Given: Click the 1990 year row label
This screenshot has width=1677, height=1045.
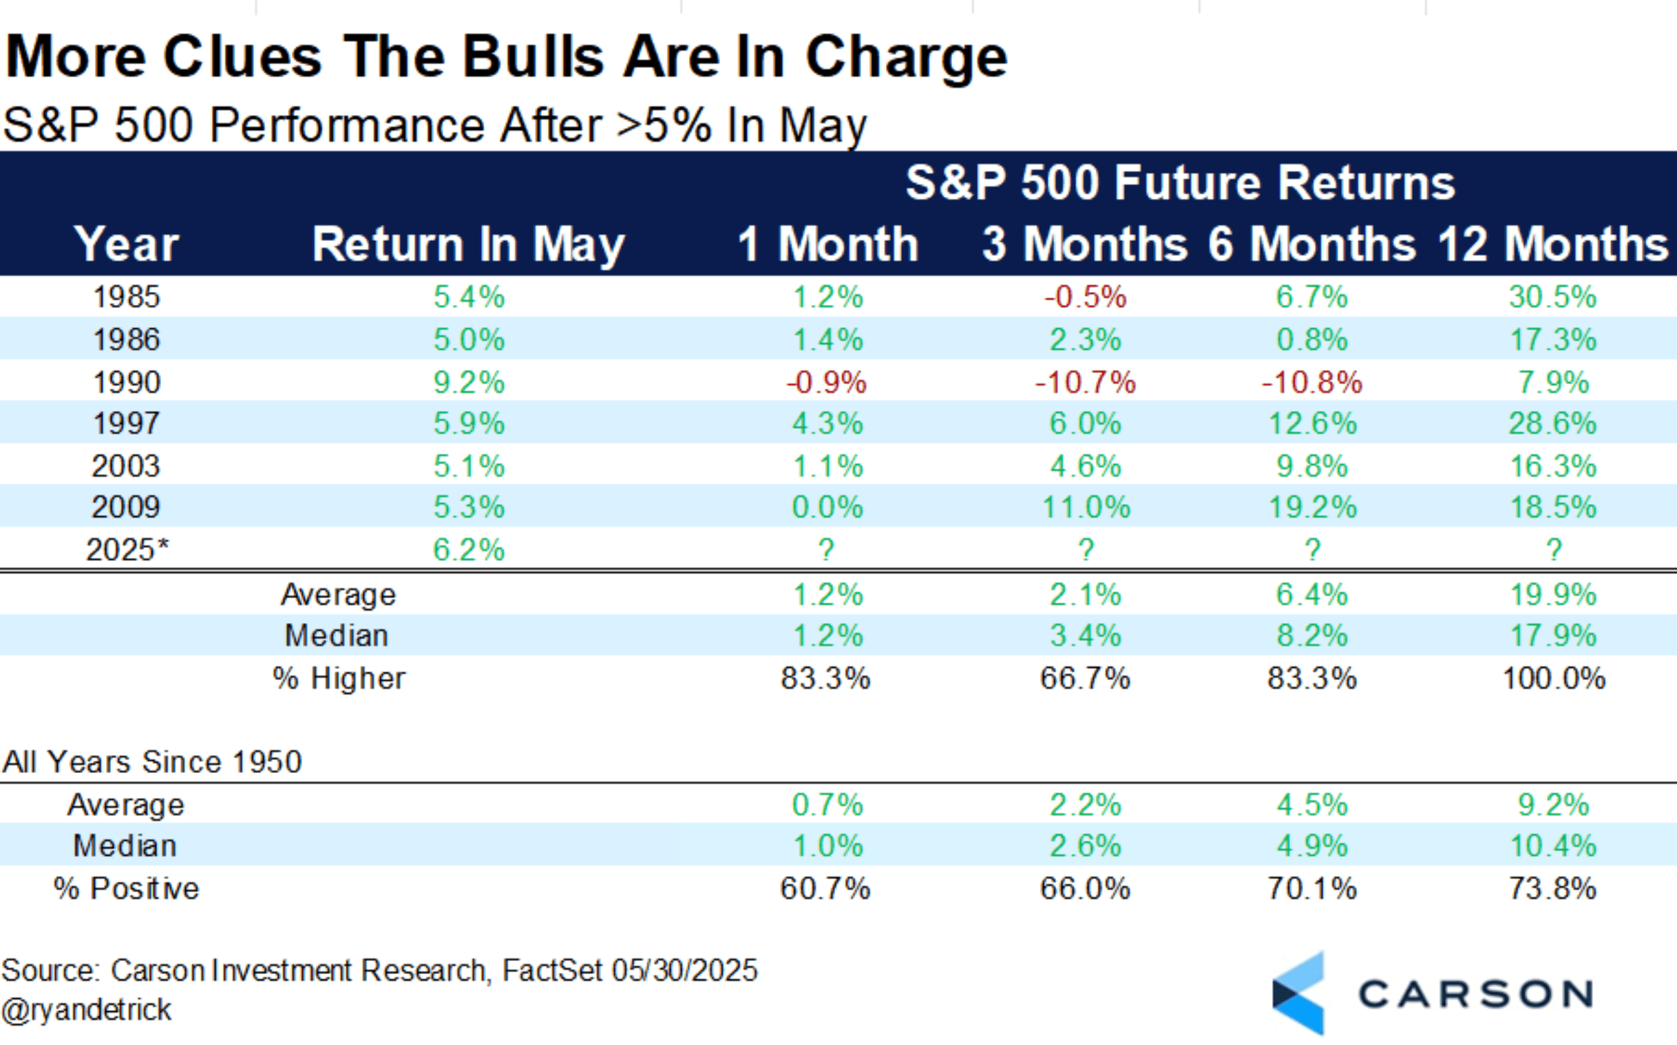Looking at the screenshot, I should click(x=127, y=381).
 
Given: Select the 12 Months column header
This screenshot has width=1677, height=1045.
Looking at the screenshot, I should click(x=1552, y=244).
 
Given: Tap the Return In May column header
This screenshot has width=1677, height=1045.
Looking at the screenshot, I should click(x=469, y=244).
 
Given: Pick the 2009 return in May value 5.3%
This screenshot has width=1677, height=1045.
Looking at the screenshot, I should click(x=470, y=507).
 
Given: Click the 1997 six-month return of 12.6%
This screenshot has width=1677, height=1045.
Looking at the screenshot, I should click(x=1312, y=423).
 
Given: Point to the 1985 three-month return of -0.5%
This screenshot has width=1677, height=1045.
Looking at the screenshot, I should click(x=1085, y=297).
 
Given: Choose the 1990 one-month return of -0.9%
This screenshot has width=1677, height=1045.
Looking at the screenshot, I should click(x=826, y=382).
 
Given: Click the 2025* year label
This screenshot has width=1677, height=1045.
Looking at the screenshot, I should click(x=127, y=550).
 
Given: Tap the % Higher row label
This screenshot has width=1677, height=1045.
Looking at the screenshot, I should click(x=339, y=678).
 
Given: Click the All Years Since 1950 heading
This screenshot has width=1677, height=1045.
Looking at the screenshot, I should click(x=152, y=761).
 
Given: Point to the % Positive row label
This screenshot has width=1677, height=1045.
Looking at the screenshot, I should click(x=127, y=888).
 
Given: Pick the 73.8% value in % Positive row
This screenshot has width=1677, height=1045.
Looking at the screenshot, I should click(x=1552, y=888).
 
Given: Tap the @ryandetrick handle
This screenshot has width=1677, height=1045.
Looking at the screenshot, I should click(x=86, y=1010).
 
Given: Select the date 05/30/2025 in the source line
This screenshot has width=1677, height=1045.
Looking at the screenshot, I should click(x=684, y=971).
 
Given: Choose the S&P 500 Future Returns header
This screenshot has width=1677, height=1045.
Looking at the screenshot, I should click(x=1180, y=182).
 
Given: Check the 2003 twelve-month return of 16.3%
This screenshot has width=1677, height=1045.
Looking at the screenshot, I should click(x=1552, y=466).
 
